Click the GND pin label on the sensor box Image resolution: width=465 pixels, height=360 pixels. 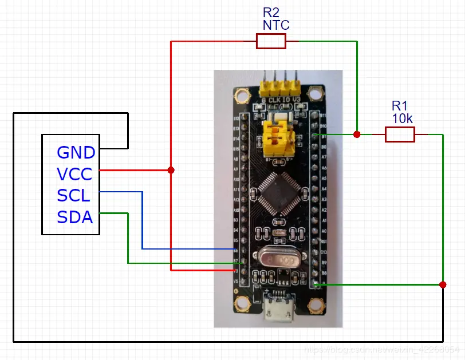[76, 153]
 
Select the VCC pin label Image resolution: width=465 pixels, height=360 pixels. [74, 174]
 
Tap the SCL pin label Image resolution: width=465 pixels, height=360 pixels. [73, 196]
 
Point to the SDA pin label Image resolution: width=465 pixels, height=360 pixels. [74, 217]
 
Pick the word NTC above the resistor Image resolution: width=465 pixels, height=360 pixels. [276, 25]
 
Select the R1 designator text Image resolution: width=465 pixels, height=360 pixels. [400, 106]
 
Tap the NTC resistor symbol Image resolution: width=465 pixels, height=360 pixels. [271, 41]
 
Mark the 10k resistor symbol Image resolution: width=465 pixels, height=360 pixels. [399, 134]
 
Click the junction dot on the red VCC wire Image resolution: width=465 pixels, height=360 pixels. [171, 170]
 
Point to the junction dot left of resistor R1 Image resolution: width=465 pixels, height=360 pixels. [357, 134]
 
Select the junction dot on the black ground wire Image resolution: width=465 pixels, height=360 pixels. [443, 284]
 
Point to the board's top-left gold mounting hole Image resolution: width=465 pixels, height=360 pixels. [242, 96]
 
